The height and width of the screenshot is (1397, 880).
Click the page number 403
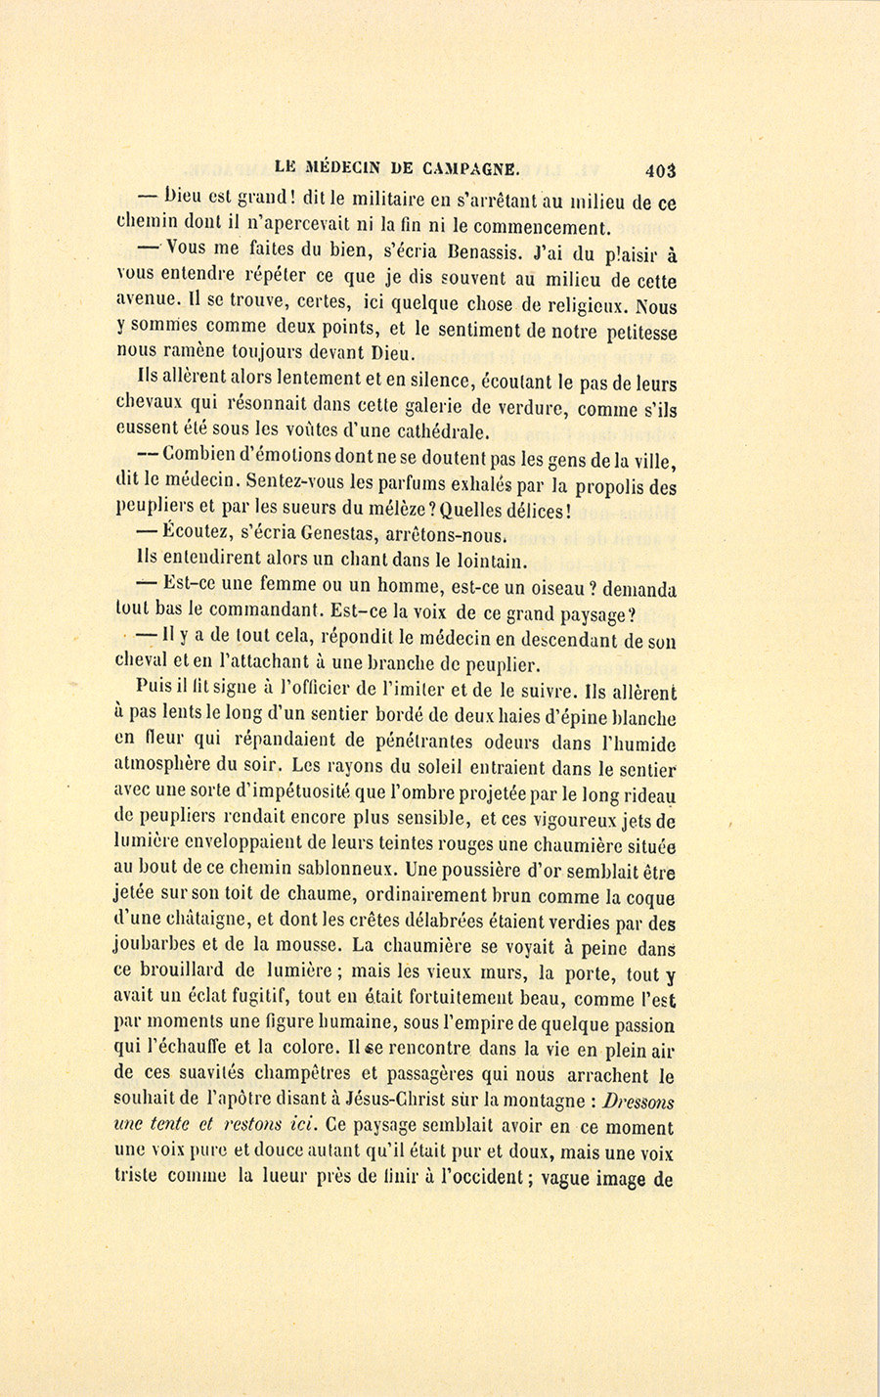[x=661, y=169]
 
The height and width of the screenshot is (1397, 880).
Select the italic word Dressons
[x=637, y=1101]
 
